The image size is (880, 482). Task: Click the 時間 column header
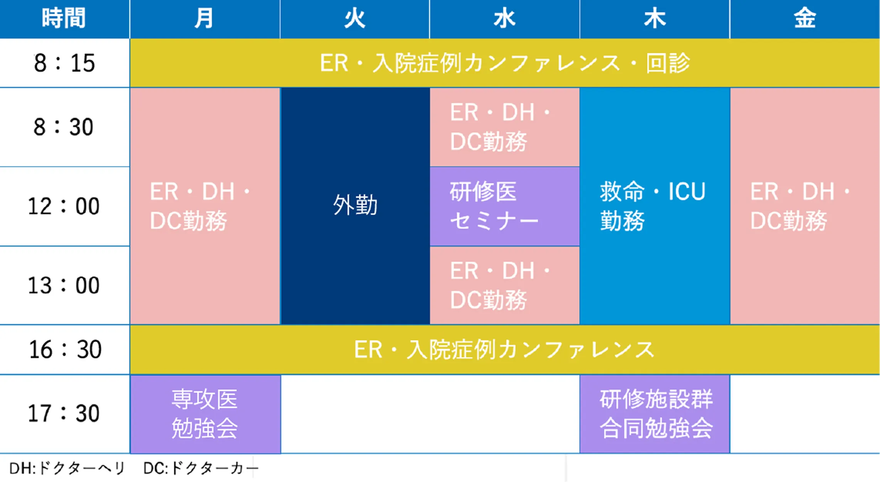[x=64, y=18]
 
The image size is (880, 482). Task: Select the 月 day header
[x=204, y=18]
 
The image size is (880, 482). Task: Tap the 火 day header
[x=354, y=18]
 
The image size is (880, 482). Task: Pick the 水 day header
[x=504, y=18]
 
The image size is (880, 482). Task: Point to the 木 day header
[x=655, y=18]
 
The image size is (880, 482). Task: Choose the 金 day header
[x=805, y=18]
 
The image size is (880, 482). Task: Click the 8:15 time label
[x=64, y=63]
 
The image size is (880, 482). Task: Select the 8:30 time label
[x=64, y=127]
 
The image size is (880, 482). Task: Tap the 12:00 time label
[x=64, y=206]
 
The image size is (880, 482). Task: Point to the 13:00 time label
[x=64, y=285]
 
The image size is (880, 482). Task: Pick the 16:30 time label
[x=65, y=350]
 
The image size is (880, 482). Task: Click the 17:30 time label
[x=64, y=413]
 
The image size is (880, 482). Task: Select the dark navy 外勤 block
[x=355, y=206]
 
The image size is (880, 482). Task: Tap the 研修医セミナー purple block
[x=505, y=206]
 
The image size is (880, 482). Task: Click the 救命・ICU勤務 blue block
[x=655, y=206]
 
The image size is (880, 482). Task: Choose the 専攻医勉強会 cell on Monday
[x=205, y=414]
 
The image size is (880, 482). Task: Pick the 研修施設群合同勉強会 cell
[x=655, y=414]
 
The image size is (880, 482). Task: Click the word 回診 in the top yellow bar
[x=668, y=63]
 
